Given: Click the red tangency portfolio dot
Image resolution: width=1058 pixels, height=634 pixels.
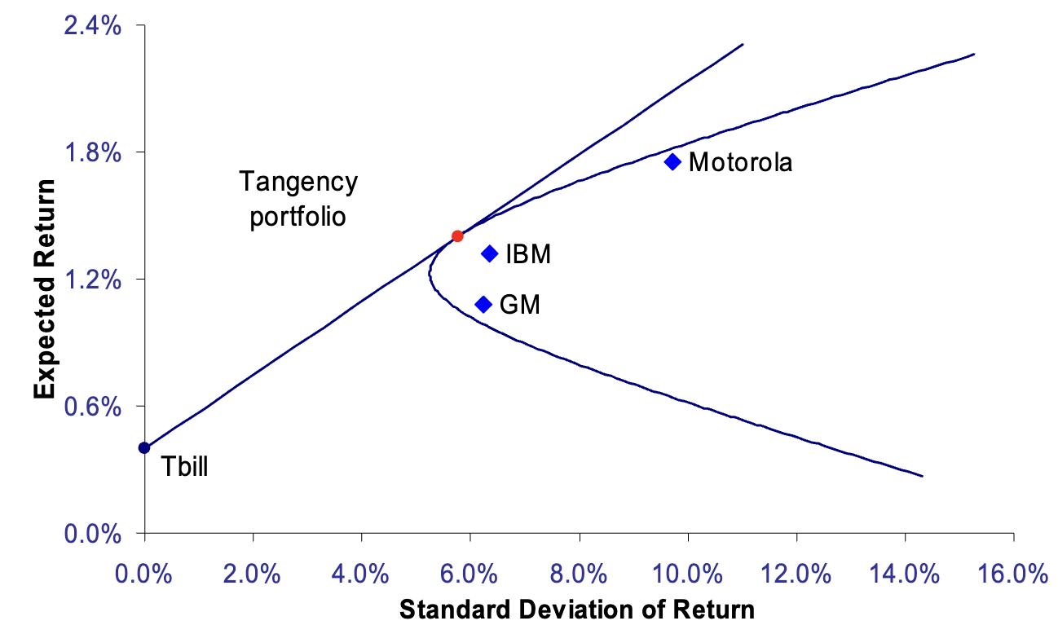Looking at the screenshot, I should click(457, 236).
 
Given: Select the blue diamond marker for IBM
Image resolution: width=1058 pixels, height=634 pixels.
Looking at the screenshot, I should click(490, 253).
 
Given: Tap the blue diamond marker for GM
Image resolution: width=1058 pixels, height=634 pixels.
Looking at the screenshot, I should click(483, 304).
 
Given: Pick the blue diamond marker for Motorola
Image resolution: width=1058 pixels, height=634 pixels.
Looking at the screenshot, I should click(672, 161).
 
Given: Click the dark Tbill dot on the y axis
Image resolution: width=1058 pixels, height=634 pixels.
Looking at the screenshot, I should click(144, 447).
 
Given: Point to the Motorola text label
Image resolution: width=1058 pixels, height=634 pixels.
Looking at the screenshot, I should click(740, 162).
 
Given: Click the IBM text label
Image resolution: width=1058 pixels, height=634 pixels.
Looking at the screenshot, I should click(528, 254).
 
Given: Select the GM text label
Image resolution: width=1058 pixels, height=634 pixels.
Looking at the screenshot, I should click(519, 305).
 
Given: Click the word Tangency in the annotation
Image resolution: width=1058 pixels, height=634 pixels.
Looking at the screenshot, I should click(298, 181).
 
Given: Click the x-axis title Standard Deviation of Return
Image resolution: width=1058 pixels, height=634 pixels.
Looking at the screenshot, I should click(577, 610).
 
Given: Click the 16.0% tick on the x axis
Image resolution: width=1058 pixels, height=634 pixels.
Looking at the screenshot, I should click(1012, 573).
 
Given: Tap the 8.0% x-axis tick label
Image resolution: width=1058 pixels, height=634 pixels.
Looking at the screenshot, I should click(579, 573).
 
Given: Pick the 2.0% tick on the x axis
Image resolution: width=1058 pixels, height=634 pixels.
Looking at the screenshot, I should click(253, 573).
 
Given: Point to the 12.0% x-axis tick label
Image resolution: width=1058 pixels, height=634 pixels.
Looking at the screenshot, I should click(796, 573).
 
